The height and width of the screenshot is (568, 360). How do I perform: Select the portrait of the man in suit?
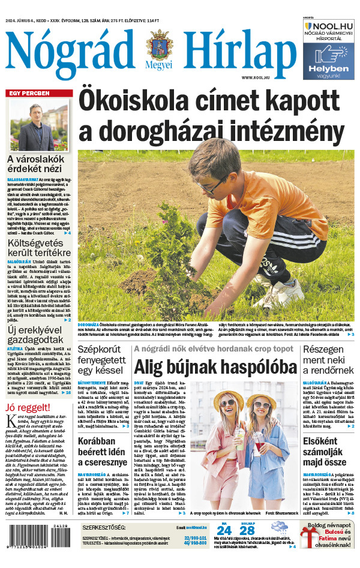point(39,127)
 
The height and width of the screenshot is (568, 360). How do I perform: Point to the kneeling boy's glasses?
point(212,187)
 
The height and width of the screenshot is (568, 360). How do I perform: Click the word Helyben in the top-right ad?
point(325,68)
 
